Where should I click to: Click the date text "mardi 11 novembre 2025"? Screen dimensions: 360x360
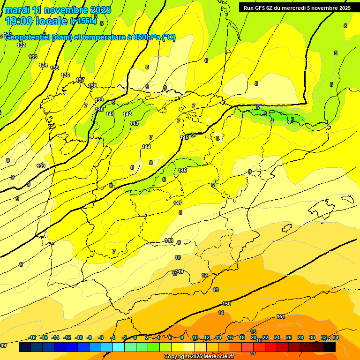point(58,10)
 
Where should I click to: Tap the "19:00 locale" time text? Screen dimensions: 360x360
point(36,21)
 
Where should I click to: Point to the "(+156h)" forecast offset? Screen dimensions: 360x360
point(83,21)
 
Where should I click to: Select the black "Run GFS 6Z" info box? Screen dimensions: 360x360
point(297,7)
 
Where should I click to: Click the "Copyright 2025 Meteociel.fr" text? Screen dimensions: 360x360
point(199,356)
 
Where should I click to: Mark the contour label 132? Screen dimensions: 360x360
point(21,45)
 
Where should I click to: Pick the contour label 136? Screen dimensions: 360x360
point(65,75)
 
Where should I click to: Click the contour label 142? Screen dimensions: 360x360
point(127,114)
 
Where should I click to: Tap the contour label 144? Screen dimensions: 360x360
point(146,147)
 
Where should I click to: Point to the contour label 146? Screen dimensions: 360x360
point(182,170)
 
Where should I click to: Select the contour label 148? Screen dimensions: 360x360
point(169,240)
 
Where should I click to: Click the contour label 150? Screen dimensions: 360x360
point(227,304)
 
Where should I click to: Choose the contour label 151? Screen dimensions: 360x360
point(280,316)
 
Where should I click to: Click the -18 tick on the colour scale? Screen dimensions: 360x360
point(32,337)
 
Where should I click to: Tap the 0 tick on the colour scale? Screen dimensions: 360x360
point(135,337)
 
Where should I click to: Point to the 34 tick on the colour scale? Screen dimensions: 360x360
point(335,337)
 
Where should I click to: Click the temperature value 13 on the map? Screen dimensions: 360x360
point(216,290)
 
